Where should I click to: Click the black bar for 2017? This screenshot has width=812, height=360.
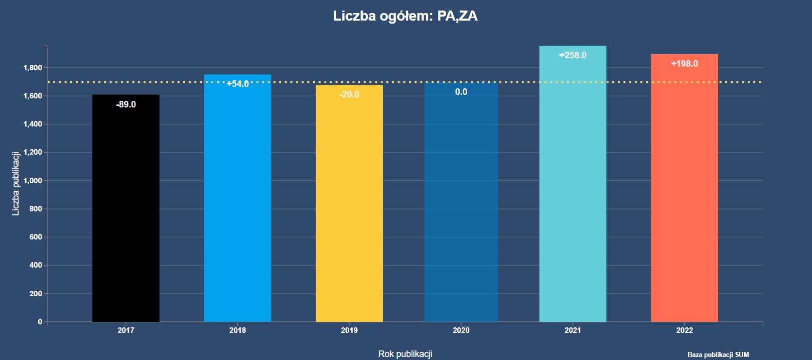click(x=125, y=211)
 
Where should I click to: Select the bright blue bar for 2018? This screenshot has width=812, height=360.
click(x=237, y=201)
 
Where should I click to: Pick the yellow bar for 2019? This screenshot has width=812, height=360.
click(x=349, y=206)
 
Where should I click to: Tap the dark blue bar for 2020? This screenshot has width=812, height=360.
click(x=461, y=206)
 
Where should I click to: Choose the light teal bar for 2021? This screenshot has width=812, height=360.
click(x=573, y=186)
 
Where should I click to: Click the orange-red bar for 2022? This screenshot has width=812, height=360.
click(x=685, y=191)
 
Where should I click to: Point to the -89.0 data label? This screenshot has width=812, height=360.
click(x=126, y=104)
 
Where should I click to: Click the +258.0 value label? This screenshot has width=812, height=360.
click(x=573, y=55)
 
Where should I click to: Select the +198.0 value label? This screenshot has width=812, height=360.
click(x=685, y=64)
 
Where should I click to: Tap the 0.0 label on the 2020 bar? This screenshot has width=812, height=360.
click(x=461, y=92)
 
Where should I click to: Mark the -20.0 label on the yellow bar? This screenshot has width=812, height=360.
click(x=349, y=94)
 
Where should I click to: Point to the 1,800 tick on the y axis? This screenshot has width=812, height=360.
click(x=33, y=68)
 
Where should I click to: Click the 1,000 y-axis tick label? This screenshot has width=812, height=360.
click(x=33, y=181)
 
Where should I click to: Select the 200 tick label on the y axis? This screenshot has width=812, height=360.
click(x=36, y=294)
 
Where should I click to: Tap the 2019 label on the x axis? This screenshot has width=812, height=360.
click(x=349, y=330)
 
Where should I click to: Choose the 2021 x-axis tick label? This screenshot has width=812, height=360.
click(x=573, y=330)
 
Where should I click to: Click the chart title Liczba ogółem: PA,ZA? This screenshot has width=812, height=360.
click(x=405, y=16)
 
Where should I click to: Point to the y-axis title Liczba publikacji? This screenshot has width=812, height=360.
click(x=16, y=184)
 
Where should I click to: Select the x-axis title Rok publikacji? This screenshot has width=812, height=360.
click(x=405, y=354)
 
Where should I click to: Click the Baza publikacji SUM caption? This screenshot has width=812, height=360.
click(x=718, y=354)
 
